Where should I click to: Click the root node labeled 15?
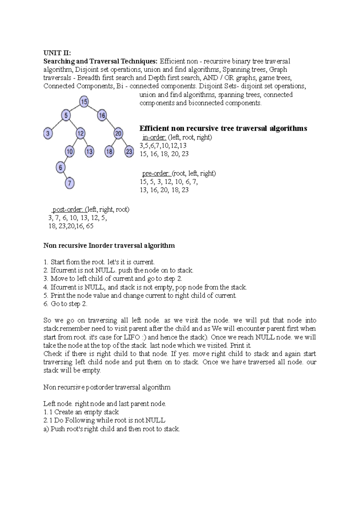pyautogui.click(x=84, y=102)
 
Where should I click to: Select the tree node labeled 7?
pyautogui.click(x=70, y=183)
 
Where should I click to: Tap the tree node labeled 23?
pyautogui.click(x=129, y=151)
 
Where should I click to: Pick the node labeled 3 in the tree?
pyautogui.click(x=48, y=133)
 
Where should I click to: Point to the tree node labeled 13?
pyautogui.click(x=89, y=151)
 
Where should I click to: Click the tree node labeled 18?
pyautogui.click(x=109, y=151)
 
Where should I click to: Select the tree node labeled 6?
pyautogui.click(x=61, y=167)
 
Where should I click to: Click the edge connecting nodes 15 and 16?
pyautogui.click(x=93, y=109)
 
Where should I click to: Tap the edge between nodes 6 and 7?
pyautogui.click(x=65, y=175)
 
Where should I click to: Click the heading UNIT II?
pyautogui.click(x=57, y=53)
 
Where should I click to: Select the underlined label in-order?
pyautogui.click(x=154, y=137)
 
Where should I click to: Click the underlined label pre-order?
pyautogui.click(x=156, y=173)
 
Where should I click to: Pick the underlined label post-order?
pyautogui.click(x=68, y=209)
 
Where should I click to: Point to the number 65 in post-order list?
pyautogui.click(x=89, y=226)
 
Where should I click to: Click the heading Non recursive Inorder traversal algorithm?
pyautogui.click(x=109, y=246)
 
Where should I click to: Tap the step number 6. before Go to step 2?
pyautogui.click(x=46, y=304)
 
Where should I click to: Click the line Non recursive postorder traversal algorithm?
pyautogui.click(x=107, y=387)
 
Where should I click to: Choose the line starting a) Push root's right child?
pyautogui.click(x=112, y=429)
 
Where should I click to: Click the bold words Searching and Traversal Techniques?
pyautogui.click(x=100, y=61)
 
